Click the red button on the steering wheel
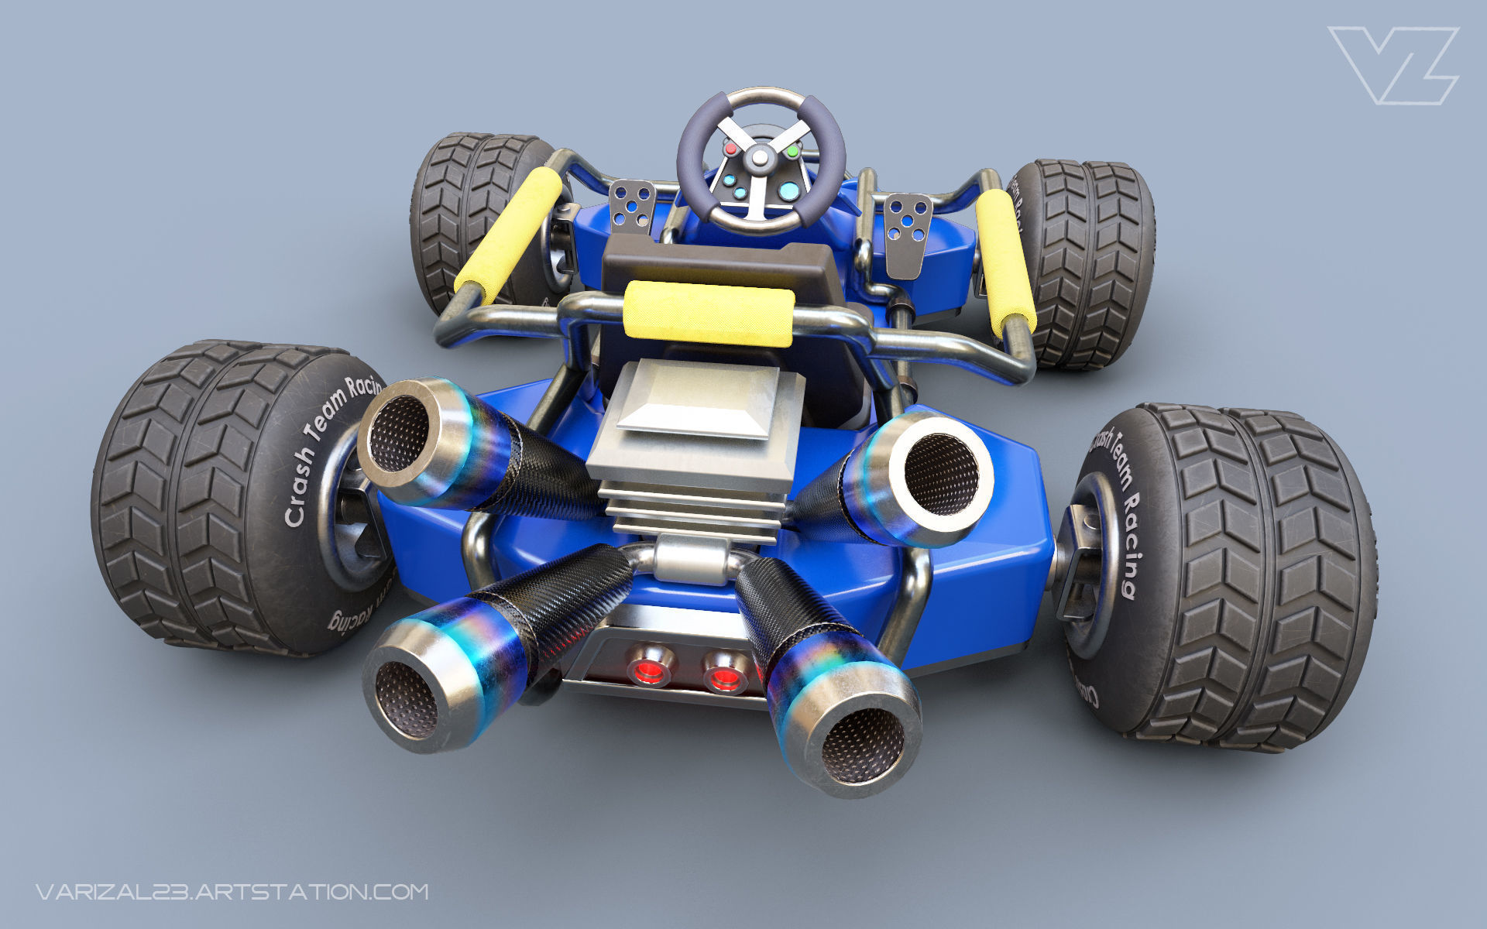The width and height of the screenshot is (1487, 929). [x=730, y=147]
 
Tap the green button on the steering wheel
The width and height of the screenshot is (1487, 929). [x=792, y=152]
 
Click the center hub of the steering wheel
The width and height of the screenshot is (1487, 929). [x=761, y=159]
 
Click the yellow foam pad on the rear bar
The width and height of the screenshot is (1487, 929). [x=708, y=313]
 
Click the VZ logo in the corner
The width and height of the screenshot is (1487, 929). [x=1392, y=65]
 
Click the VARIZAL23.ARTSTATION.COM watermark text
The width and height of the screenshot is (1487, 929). [x=232, y=891]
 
